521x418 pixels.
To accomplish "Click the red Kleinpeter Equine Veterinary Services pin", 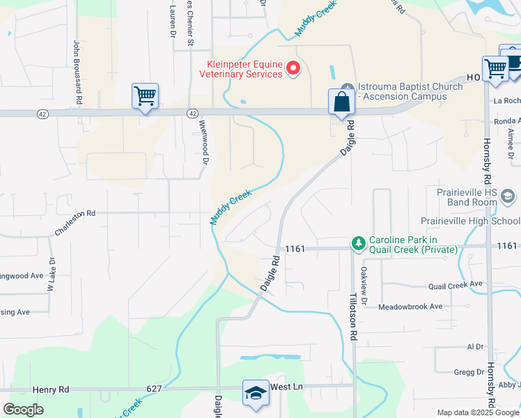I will point(293,68).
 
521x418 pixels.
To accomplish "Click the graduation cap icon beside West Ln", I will point(256,393).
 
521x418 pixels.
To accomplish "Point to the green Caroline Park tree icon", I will point(359,243).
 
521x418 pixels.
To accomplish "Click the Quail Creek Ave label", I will point(456,284).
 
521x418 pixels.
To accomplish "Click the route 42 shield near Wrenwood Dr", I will point(192,112).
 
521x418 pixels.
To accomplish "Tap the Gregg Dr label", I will point(469,372).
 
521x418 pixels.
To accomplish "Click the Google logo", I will point(23,410).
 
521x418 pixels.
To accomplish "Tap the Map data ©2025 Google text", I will point(467,412).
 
